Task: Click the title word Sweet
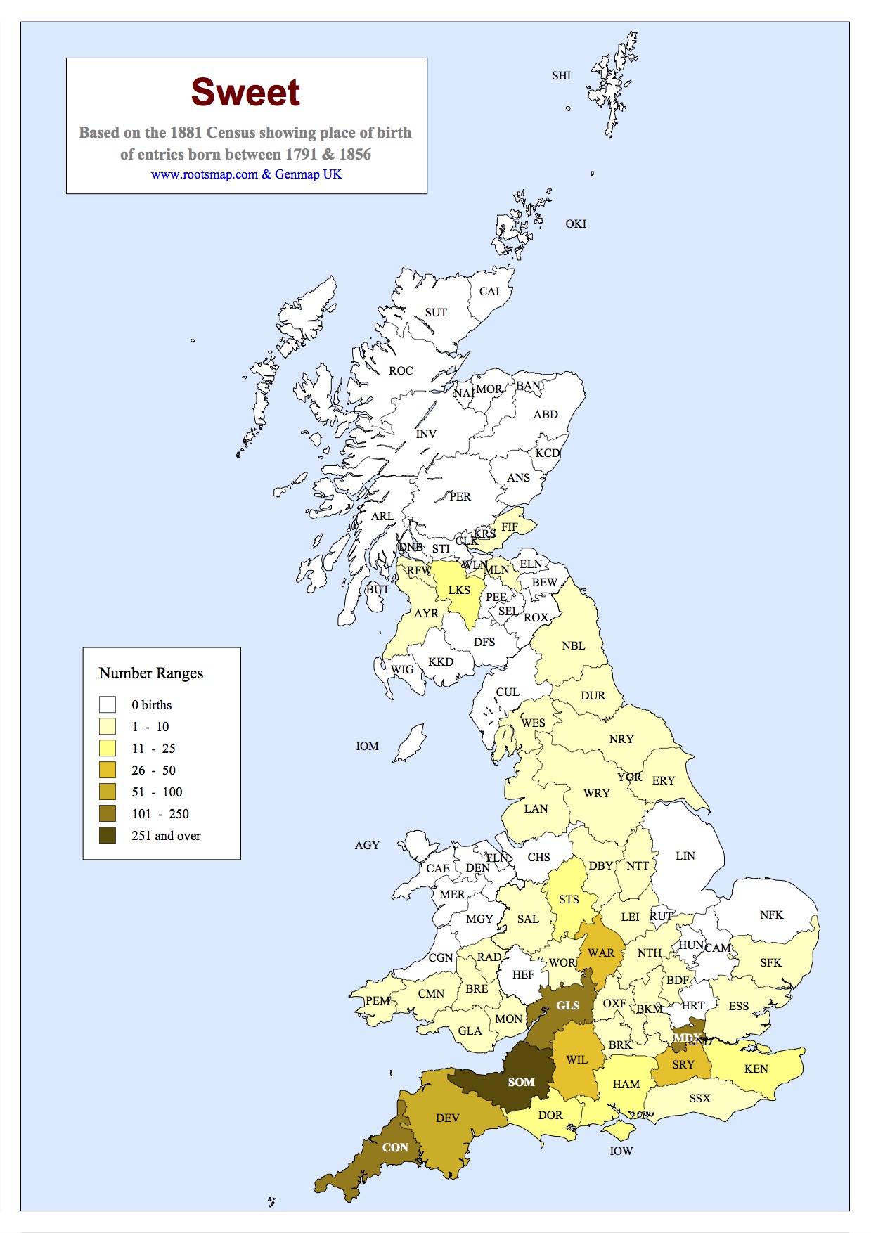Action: pyautogui.click(x=245, y=93)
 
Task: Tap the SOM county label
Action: pyautogui.click(x=521, y=1082)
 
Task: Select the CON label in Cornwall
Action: pyautogui.click(x=395, y=1147)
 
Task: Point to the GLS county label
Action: pyautogui.click(x=567, y=1005)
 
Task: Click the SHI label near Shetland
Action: pyautogui.click(x=561, y=76)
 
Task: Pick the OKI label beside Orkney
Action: pyautogui.click(x=575, y=224)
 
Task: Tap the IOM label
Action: pyautogui.click(x=367, y=746)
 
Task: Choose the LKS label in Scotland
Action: pyautogui.click(x=459, y=590)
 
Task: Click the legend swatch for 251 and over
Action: pyautogui.click(x=108, y=835)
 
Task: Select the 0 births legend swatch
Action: pyautogui.click(x=108, y=704)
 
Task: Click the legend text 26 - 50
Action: pyautogui.click(x=153, y=770)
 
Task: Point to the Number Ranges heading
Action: pyautogui.click(x=151, y=673)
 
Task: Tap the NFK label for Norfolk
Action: pyautogui.click(x=771, y=915)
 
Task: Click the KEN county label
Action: pyautogui.click(x=756, y=1069)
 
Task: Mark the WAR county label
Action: pyautogui.click(x=600, y=953)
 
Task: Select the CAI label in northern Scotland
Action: pyautogui.click(x=489, y=291)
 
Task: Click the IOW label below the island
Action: pyautogui.click(x=621, y=1151)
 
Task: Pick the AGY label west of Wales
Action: pyautogui.click(x=367, y=845)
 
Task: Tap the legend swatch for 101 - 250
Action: pyautogui.click(x=108, y=813)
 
